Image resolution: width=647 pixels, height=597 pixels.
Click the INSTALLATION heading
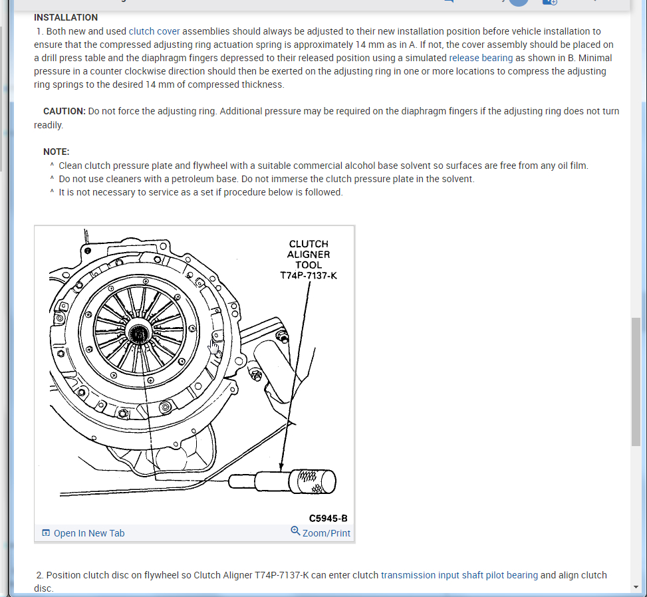click(66, 17)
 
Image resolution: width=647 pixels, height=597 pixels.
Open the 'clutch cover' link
click(154, 31)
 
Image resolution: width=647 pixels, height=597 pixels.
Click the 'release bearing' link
click(481, 58)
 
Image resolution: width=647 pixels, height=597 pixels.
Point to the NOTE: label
click(57, 152)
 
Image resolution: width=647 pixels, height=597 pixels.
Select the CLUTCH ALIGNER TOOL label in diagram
click(309, 255)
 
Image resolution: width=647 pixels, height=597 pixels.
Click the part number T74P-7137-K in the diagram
click(309, 275)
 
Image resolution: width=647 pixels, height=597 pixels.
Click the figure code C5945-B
click(328, 517)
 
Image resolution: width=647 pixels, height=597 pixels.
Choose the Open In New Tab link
click(89, 533)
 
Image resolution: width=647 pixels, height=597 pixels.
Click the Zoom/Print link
click(326, 533)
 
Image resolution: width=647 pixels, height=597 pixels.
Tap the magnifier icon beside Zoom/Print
click(295, 531)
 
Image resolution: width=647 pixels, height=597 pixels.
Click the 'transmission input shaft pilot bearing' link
click(459, 575)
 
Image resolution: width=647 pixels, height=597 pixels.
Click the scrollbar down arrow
click(636, 586)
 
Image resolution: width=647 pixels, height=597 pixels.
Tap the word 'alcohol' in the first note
click(361, 166)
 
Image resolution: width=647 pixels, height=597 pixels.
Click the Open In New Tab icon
click(46, 533)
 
